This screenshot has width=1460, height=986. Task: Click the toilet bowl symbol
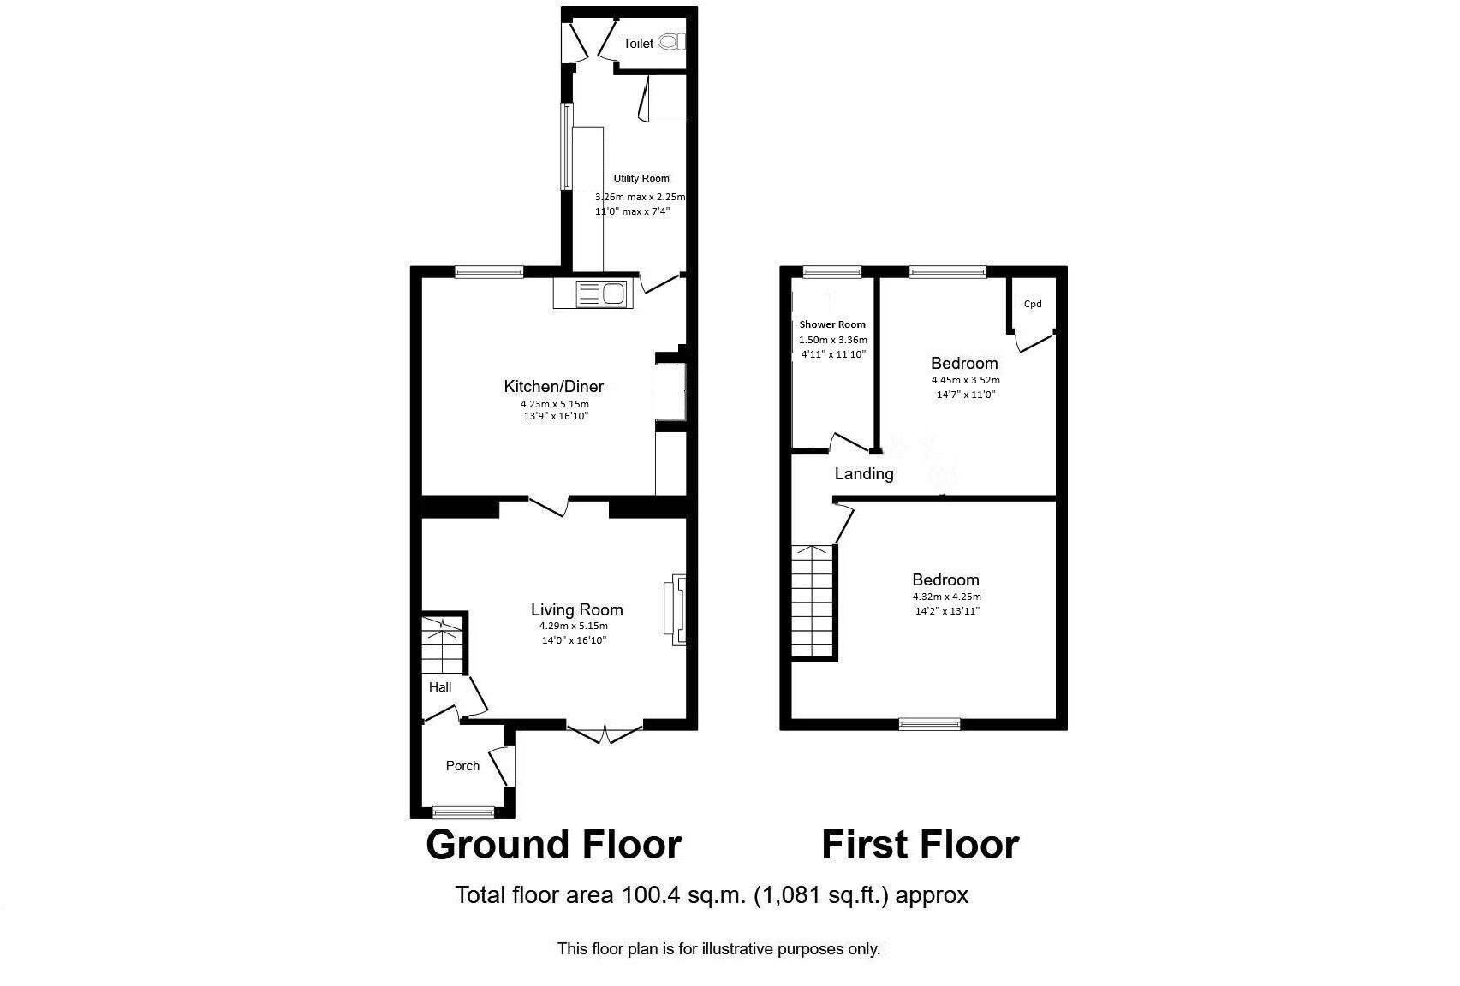674,42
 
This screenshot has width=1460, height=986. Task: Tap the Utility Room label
641,179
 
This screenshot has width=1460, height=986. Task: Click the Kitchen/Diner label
554,386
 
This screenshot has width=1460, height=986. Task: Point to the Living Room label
577,610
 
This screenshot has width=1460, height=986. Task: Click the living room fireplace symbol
676,609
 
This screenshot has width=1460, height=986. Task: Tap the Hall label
440,686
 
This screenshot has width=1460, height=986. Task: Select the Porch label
462,766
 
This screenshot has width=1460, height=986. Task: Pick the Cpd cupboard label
1033,304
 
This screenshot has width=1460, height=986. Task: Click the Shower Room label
832,324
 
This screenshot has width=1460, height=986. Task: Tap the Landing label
864,474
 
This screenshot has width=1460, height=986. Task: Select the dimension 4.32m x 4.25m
946,597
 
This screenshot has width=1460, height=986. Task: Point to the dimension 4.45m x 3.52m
965,380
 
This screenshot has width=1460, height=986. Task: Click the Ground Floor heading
553,845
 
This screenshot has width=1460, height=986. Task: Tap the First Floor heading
920,845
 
